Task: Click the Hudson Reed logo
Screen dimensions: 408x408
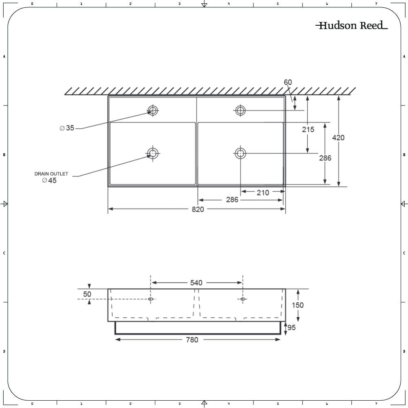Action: (351, 26)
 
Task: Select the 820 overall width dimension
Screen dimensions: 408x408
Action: (197, 209)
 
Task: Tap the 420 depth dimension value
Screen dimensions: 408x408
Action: (338, 137)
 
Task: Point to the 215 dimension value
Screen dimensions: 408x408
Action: (308, 129)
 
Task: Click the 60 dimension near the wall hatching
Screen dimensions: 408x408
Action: (288, 82)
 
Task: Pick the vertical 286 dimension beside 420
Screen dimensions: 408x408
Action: (325, 158)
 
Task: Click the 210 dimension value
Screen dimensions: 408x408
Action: (263, 193)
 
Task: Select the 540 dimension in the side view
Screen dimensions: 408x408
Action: (196, 283)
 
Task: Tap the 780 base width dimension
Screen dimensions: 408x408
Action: (192, 339)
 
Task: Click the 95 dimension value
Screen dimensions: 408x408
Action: (292, 328)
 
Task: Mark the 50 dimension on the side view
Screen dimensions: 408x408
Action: (87, 294)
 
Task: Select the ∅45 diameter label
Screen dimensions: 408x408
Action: (49, 180)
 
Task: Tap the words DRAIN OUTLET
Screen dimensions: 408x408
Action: (51, 174)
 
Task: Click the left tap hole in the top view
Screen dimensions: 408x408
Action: (153, 110)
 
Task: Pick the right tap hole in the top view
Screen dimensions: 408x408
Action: (240, 110)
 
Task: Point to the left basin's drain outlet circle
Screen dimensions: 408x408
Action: (153, 153)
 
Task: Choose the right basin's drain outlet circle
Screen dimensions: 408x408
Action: (240, 153)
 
